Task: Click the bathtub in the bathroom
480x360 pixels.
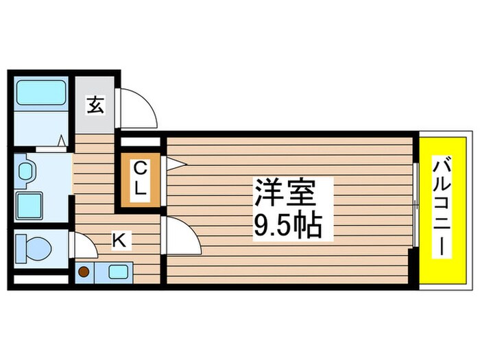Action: point(41,92)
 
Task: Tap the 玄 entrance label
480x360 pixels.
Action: point(95,106)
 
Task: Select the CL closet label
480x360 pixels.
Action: point(140,179)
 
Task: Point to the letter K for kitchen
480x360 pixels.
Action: point(119,240)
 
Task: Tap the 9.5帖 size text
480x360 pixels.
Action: point(287,226)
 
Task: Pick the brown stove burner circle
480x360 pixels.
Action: point(84,272)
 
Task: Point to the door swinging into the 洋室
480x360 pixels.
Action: point(180,234)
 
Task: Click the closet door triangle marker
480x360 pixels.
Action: point(174,163)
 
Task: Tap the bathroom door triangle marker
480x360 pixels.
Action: point(62,141)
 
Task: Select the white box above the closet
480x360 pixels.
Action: point(142,143)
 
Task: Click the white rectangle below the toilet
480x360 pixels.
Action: point(40,279)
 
